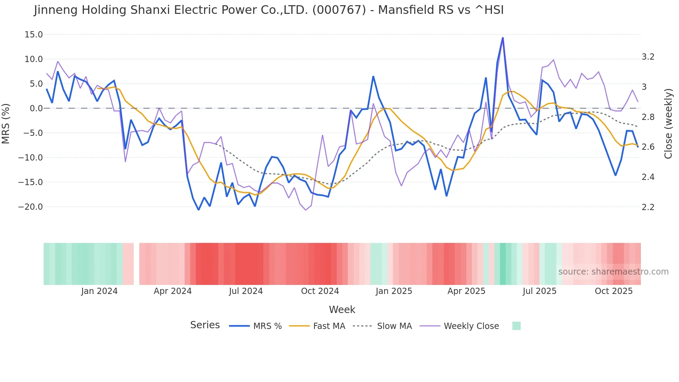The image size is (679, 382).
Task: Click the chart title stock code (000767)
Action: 339,10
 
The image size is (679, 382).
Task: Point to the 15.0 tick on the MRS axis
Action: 34,35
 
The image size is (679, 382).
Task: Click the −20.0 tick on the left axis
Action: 30,207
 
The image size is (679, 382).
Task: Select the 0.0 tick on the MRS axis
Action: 36,108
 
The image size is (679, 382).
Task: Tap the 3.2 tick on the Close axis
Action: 648,57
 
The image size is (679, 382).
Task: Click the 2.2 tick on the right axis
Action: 648,207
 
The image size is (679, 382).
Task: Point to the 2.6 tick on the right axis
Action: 648,147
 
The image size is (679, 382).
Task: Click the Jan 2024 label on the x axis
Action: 99,291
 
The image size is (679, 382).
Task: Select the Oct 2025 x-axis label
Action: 614,291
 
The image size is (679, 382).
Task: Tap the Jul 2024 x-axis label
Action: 246,291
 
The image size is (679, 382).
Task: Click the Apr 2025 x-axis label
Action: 466,291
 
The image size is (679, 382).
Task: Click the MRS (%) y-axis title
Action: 6,124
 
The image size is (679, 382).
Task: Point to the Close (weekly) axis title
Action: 668,124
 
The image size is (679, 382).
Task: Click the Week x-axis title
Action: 342,310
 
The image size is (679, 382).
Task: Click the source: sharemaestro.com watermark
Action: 613,272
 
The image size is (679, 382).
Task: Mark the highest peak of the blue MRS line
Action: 503,38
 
